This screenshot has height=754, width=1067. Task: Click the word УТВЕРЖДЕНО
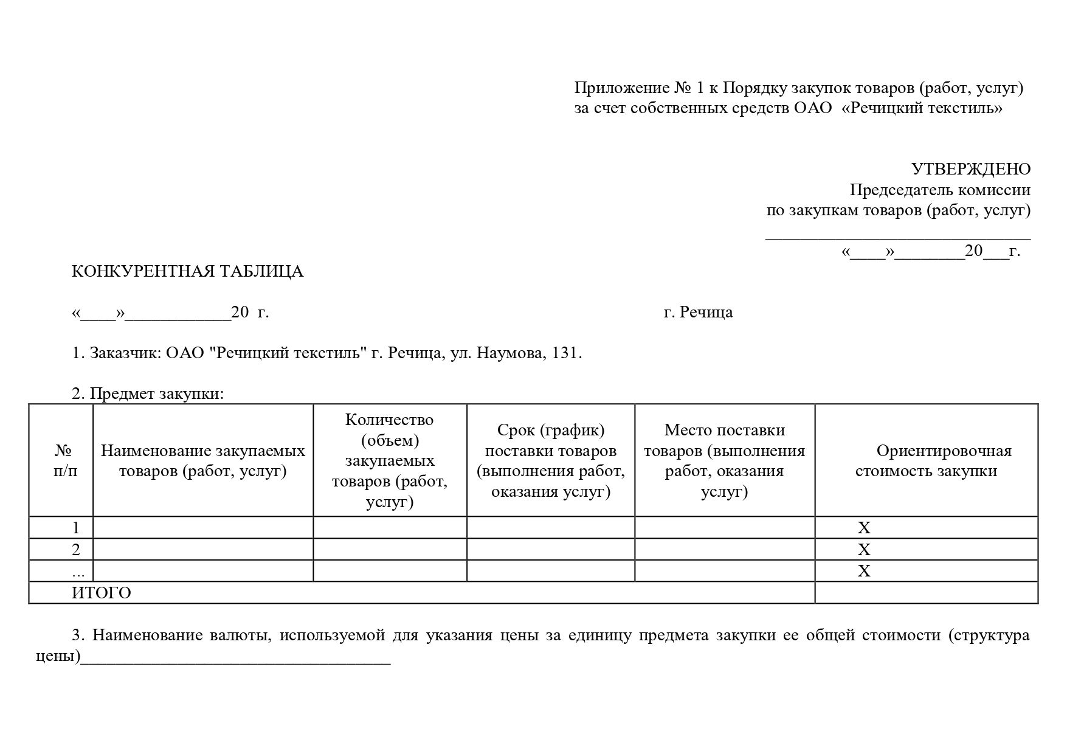[970, 169]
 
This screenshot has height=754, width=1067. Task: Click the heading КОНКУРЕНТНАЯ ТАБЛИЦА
[187, 271]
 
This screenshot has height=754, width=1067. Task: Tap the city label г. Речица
[698, 313]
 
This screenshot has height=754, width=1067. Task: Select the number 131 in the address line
[565, 353]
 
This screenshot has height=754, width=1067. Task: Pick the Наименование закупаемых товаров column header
[203, 460]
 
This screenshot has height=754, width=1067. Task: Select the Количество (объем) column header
[390, 460]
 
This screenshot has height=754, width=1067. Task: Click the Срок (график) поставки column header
[551, 460]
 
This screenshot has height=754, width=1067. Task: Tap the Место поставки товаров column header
[724, 460]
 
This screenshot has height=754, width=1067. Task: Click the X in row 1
[863, 528]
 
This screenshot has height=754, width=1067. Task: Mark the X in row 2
[863, 550]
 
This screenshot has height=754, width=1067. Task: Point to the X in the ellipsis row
[863, 571]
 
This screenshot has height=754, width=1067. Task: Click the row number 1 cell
[75, 528]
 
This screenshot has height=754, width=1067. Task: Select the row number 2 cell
[75, 550]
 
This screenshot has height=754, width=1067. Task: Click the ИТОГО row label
[102, 593]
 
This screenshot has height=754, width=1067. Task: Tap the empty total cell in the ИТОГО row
[926, 593]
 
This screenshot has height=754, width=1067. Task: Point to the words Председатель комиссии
[939, 190]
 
